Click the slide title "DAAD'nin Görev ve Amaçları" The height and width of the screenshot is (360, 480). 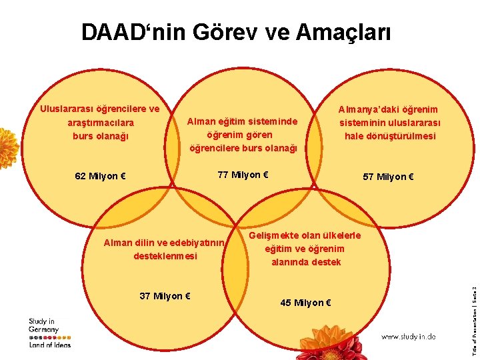click(235, 32)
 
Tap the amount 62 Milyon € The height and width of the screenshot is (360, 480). click(101, 177)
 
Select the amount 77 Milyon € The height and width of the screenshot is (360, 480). click(243, 175)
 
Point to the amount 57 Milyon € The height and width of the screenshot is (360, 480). click(388, 177)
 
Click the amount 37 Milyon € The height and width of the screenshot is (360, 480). click(166, 296)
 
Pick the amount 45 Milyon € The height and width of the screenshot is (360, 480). click(306, 303)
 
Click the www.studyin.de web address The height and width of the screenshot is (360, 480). click(408, 337)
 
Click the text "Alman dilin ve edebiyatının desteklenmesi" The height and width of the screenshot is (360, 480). click(164, 249)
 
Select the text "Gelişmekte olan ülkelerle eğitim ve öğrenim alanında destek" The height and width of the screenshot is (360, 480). click(305, 249)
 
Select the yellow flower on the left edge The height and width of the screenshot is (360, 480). click(7, 147)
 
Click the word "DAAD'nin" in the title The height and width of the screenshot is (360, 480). click(131, 32)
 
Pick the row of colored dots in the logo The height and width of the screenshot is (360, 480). click(49, 337)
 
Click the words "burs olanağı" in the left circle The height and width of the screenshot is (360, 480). click(100, 136)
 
